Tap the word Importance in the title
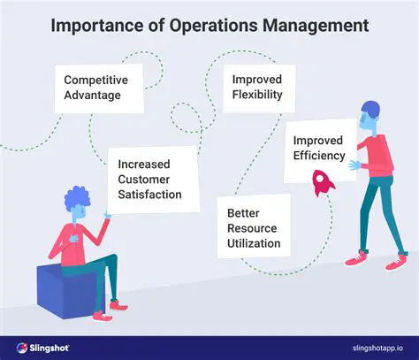pyautogui.click(x=98, y=26)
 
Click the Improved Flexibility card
pyautogui.click(x=258, y=87)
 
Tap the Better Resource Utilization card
pyautogui.click(x=253, y=227)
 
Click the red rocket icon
pyautogui.click(x=321, y=182)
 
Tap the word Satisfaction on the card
pyautogui.click(x=152, y=195)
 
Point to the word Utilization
pyautogui.click(x=254, y=242)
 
